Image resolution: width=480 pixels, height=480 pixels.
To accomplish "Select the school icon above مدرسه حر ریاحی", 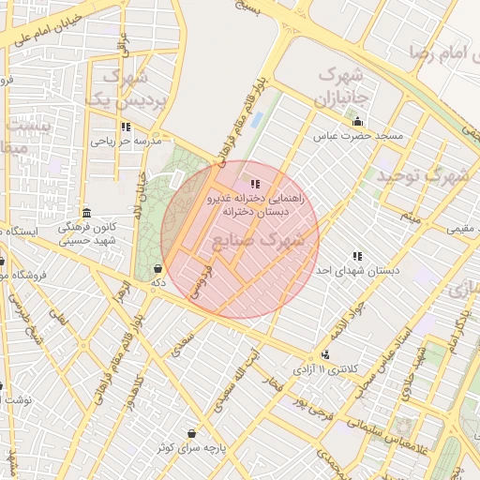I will pyautogui.click(x=126, y=127).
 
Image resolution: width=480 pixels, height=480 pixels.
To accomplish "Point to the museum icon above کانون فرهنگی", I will pyautogui.click(x=87, y=212).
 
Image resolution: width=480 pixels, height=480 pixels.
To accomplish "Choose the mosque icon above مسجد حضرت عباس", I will pyautogui.click(x=357, y=121).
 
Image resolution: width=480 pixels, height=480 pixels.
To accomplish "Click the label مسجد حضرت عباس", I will pyautogui.click(x=363, y=137).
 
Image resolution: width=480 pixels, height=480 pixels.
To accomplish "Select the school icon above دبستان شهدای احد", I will pyautogui.click(x=356, y=256).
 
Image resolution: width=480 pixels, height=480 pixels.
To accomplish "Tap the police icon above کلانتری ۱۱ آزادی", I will pyautogui.click(x=324, y=354).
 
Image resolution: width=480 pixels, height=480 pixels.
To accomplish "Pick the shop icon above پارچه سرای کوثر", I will pyautogui.click(x=192, y=433).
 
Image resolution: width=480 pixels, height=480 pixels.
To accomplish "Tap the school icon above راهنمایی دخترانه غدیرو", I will pyautogui.click(x=255, y=183).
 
